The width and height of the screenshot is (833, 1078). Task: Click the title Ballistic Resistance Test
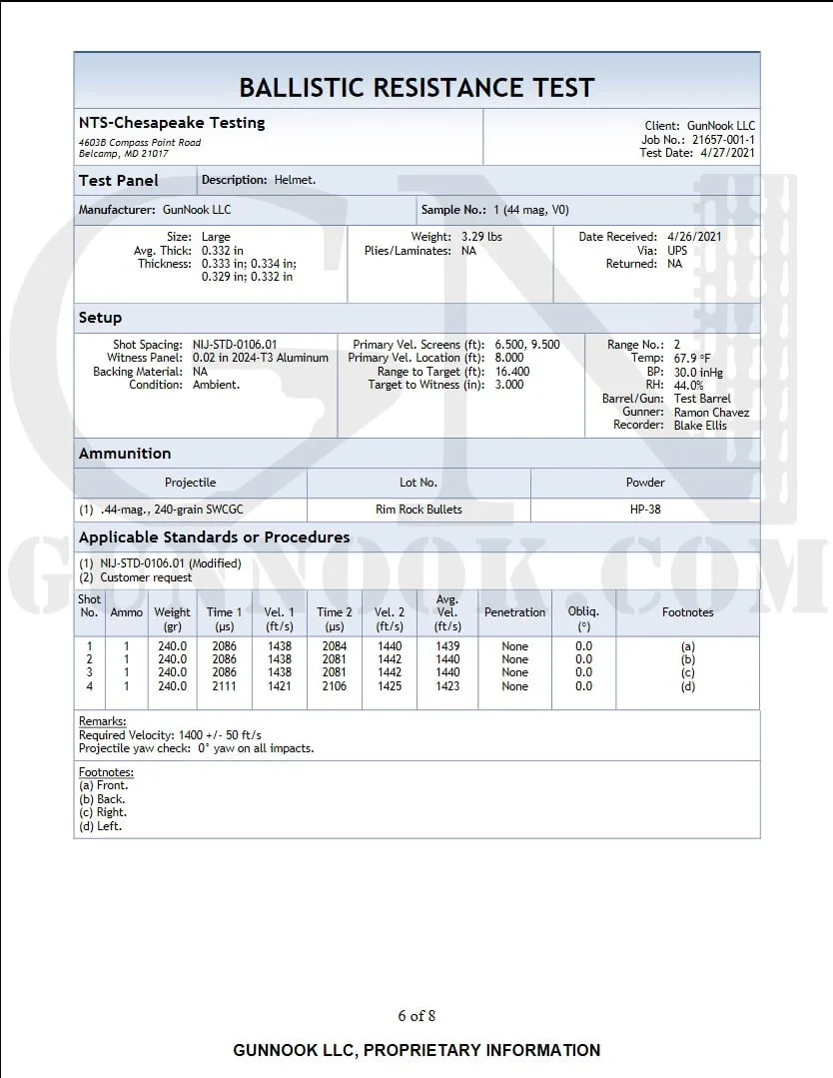click(416, 88)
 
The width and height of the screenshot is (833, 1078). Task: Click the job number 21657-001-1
click(723, 140)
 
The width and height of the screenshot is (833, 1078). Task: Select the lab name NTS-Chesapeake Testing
click(172, 123)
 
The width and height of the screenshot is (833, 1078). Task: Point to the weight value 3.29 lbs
click(482, 237)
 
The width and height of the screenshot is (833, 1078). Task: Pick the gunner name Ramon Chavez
click(711, 413)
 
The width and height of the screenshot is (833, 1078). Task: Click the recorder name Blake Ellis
click(700, 426)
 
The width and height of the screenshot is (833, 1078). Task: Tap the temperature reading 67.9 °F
click(691, 358)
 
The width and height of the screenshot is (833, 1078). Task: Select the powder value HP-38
click(644, 510)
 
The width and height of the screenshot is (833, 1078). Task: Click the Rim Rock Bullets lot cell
click(418, 510)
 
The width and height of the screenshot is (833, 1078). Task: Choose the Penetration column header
click(514, 612)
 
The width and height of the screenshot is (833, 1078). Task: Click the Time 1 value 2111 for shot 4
click(224, 686)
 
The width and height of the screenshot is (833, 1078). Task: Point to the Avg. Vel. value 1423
click(447, 686)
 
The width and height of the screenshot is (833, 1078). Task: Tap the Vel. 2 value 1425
click(390, 686)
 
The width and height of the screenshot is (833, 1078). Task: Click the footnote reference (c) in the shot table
click(687, 673)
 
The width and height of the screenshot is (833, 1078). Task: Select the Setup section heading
click(101, 318)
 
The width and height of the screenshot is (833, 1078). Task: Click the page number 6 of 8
click(416, 1016)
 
